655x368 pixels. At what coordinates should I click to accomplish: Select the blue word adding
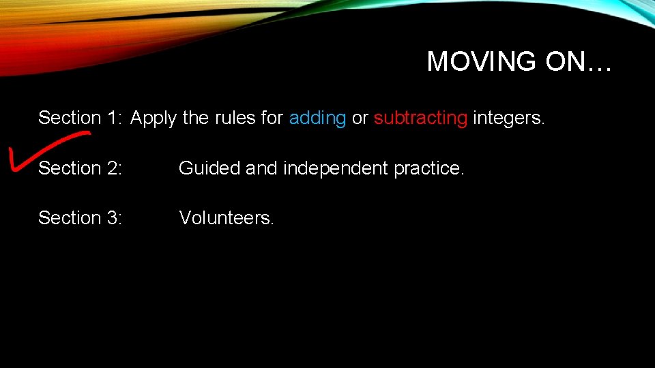pyautogui.click(x=317, y=118)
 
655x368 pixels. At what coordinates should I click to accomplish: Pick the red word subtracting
pyautogui.click(x=420, y=118)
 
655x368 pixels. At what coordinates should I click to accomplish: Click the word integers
pyautogui.click(x=509, y=118)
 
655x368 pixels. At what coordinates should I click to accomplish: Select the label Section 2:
pyautogui.click(x=80, y=168)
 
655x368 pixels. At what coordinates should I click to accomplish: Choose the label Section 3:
pyautogui.click(x=80, y=218)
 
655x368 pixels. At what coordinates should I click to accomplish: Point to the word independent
pyautogui.click(x=336, y=168)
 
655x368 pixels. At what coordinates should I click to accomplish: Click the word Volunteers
pyautogui.click(x=227, y=218)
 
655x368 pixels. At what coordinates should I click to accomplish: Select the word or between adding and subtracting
pyautogui.click(x=360, y=118)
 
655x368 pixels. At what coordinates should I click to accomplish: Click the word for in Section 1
pyautogui.click(x=272, y=118)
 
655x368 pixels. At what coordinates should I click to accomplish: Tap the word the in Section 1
pyautogui.click(x=196, y=118)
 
